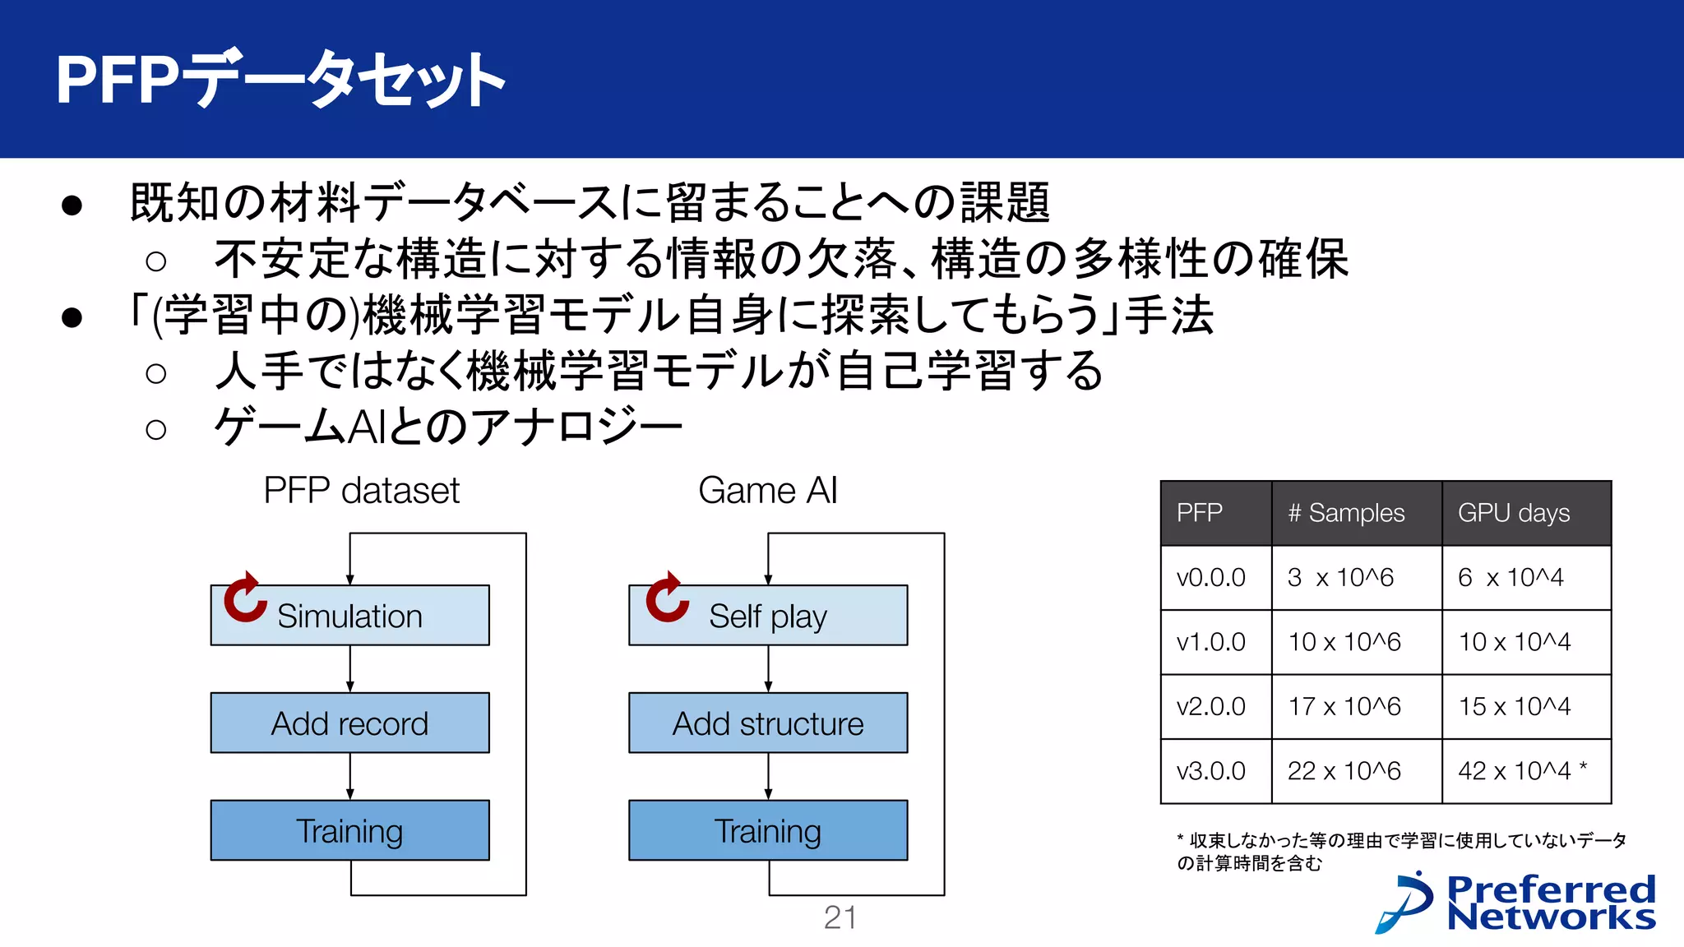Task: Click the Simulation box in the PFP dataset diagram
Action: pyautogui.click(x=349, y=616)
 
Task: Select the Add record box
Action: pyautogui.click(x=349, y=723)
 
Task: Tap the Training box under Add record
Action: pyautogui.click(x=349, y=831)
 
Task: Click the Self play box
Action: pyautogui.click(x=768, y=616)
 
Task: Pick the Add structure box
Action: pyautogui.click(x=768, y=723)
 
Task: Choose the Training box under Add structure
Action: pyautogui.click(x=768, y=831)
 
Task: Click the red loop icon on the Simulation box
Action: pyautogui.click(x=245, y=598)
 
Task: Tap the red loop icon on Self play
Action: pyautogui.click(x=667, y=598)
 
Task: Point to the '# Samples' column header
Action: pyautogui.click(x=1346, y=513)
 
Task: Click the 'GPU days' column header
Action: pyautogui.click(x=1514, y=513)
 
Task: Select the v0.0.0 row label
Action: pyautogui.click(x=1210, y=578)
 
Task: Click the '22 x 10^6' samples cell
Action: pyautogui.click(x=1344, y=771)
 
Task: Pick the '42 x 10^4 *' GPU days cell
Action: pyautogui.click(x=1522, y=771)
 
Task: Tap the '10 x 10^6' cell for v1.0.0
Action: pyautogui.click(x=1344, y=642)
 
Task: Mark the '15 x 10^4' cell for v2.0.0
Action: pyautogui.click(x=1514, y=706)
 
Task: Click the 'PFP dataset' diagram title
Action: pyautogui.click(x=361, y=491)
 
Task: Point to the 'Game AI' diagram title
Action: pyautogui.click(x=767, y=491)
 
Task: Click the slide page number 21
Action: pyautogui.click(x=840, y=917)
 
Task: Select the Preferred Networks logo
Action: pyautogui.click(x=1515, y=903)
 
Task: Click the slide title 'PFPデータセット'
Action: pyautogui.click(x=280, y=80)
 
